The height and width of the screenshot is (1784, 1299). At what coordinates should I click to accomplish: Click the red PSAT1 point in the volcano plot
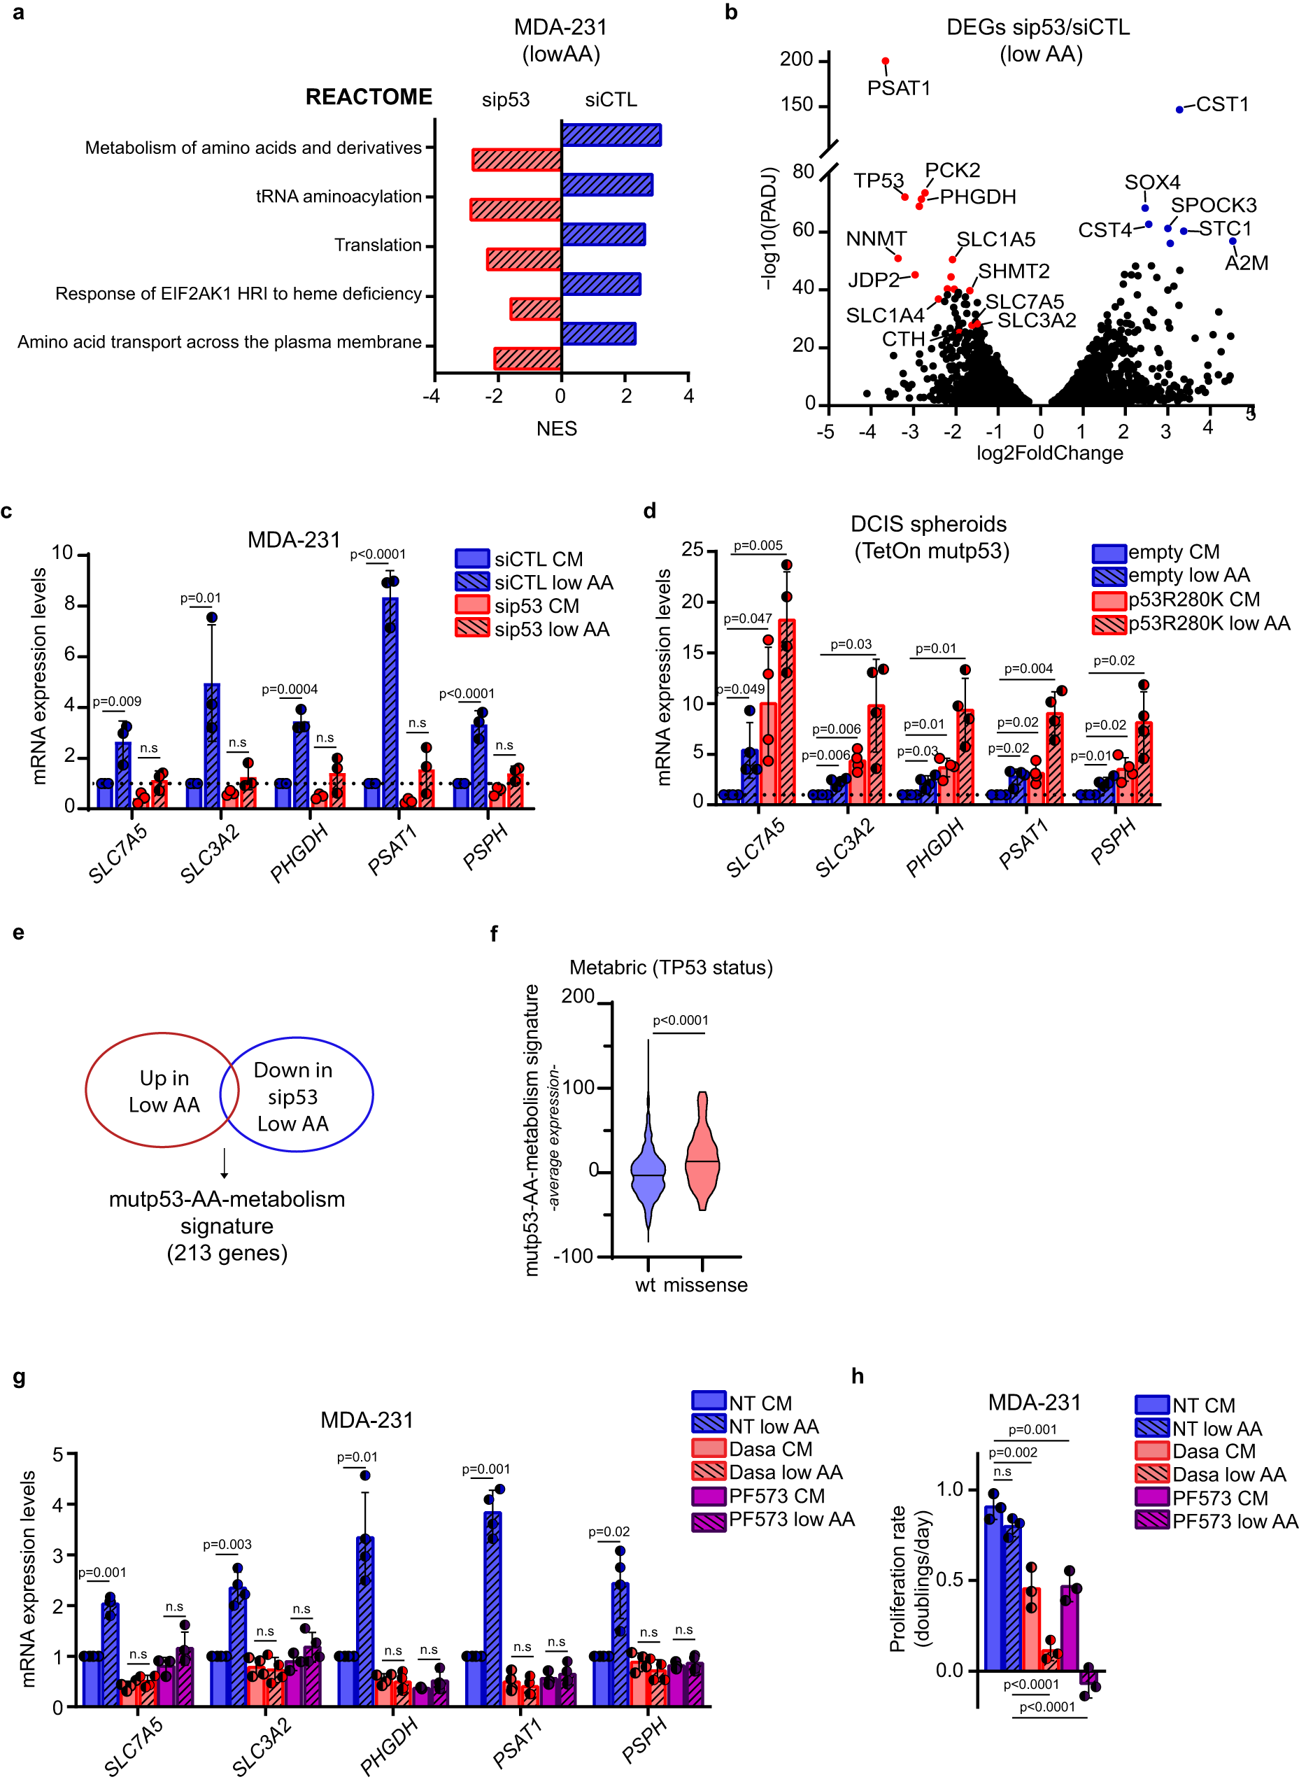click(886, 62)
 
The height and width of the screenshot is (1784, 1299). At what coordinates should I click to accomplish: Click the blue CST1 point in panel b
click(1179, 109)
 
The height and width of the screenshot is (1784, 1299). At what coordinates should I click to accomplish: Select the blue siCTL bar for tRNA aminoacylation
click(606, 185)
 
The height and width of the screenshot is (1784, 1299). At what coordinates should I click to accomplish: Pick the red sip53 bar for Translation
click(524, 259)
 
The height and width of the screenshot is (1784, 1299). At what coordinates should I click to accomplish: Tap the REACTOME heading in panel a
click(368, 97)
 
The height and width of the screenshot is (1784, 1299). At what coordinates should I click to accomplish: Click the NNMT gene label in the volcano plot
click(876, 239)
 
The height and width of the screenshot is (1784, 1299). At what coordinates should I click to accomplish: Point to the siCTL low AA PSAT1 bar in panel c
click(390, 700)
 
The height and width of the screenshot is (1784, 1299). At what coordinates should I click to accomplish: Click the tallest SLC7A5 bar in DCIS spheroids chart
click(786, 708)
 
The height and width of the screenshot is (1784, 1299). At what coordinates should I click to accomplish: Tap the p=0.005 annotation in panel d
click(758, 545)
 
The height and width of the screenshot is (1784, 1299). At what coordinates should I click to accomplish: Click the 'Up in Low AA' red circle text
click(164, 1090)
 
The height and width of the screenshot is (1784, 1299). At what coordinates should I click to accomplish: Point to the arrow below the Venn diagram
click(224, 1163)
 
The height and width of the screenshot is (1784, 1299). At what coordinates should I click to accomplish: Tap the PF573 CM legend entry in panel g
click(759, 1495)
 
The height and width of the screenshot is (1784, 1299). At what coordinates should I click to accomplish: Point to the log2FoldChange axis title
click(1049, 453)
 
